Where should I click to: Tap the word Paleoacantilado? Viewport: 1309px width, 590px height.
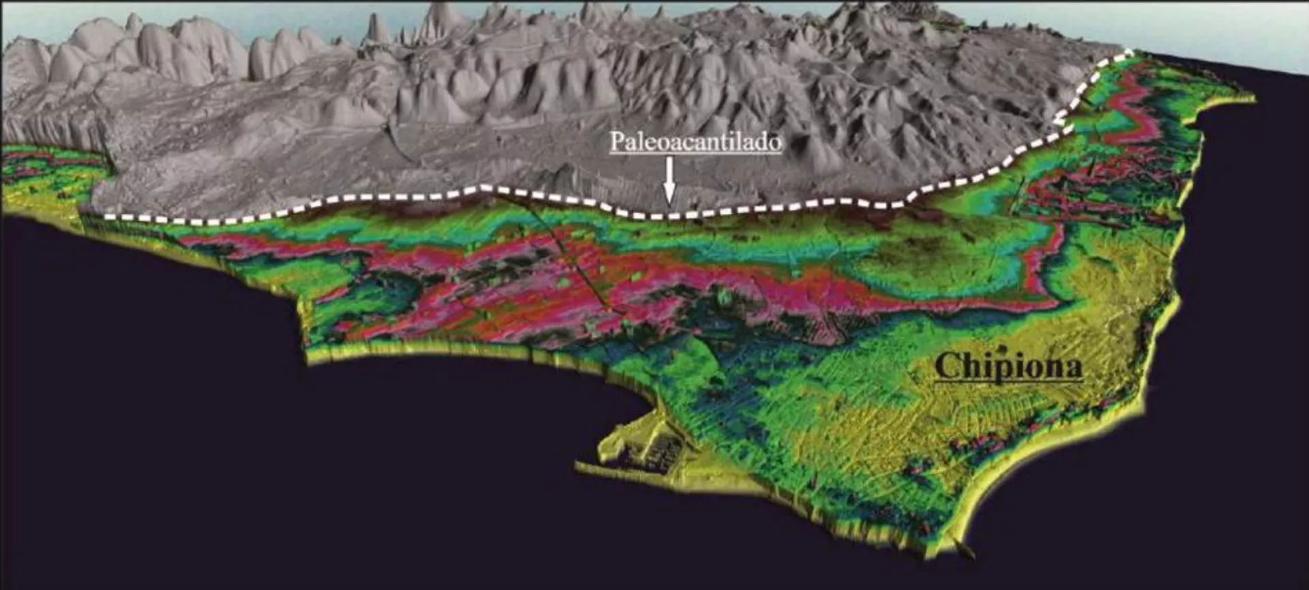(x=695, y=142)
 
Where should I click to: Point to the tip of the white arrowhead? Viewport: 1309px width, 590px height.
(x=669, y=203)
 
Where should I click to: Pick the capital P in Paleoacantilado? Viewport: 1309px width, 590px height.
(x=617, y=142)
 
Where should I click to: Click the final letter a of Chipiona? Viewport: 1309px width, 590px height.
(x=1072, y=368)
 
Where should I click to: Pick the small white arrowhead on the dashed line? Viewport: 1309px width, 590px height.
(x=1059, y=121)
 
